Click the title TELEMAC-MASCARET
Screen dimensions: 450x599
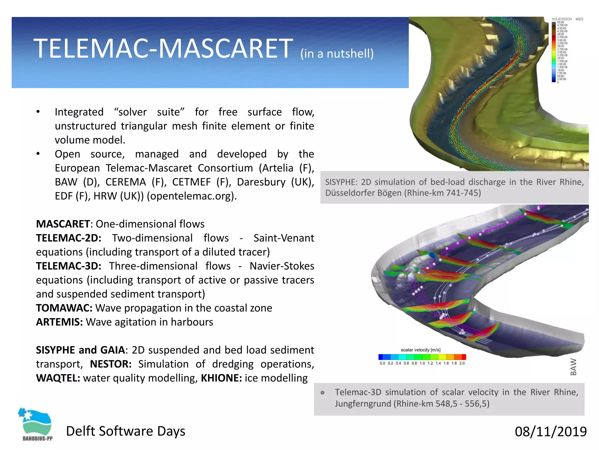pos(163,49)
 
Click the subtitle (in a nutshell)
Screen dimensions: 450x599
pos(337,54)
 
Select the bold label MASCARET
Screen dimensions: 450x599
pos(63,224)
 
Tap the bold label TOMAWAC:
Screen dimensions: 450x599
pos(64,308)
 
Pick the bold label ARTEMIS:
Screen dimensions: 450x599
pos(59,322)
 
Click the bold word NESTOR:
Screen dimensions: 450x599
pos(111,364)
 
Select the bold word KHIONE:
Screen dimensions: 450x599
pos(221,378)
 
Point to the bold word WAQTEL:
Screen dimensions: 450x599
pos(58,378)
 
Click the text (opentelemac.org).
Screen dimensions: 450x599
pos(192,196)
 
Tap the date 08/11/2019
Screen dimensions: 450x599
pos(550,432)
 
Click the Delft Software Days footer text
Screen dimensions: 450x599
pos(125,431)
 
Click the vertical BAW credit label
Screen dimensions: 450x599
pos(573,367)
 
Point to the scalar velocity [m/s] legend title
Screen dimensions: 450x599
pos(420,350)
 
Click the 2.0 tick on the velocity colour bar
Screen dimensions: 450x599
pos(462,364)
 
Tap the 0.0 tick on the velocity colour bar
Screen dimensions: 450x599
pos(382,364)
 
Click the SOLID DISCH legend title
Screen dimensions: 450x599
pos(561,19)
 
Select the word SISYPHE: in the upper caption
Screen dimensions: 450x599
pos(341,182)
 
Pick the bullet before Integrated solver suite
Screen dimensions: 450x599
pos(38,112)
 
